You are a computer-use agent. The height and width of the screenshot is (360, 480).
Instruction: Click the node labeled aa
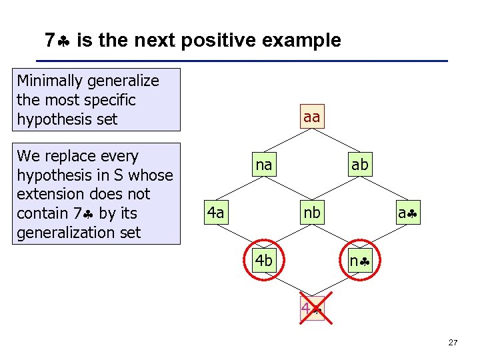[311, 117]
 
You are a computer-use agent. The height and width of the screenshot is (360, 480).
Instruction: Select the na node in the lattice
[264, 165]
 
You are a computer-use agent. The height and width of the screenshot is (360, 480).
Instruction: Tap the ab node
[359, 165]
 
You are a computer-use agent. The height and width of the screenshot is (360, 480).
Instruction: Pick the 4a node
[215, 213]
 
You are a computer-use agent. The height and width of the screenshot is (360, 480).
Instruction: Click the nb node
[311, 213]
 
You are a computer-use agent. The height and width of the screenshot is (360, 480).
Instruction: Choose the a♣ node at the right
[407, 213]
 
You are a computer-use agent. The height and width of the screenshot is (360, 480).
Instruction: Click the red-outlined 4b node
[264, 261]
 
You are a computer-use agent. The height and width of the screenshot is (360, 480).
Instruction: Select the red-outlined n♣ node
[359, 261]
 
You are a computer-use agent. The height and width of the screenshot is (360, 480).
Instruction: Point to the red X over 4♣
[311, 309]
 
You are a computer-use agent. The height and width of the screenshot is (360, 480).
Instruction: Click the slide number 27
[453, 343]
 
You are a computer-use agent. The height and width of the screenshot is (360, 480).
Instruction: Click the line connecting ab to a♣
[383, 189]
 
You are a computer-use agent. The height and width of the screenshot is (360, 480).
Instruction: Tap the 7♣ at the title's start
[58, 41]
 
